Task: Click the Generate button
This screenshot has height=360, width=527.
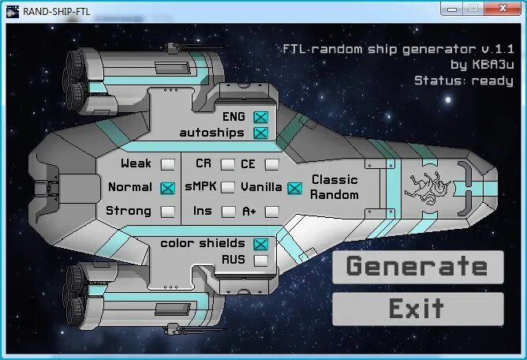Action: pyautogui.click(x=417, y=267)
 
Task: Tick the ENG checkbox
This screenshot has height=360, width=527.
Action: pyautogui.click(x=261, y=117)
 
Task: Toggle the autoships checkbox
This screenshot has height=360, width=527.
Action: pyautogui.click(x=261, y=133)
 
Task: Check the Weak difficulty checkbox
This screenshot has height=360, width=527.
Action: pyautogui.click(x=167, y=164)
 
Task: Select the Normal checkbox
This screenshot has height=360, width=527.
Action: pyautogui.click(x=167, y=188)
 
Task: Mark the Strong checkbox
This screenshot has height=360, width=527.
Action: pyautogui.click(x=167, y=212)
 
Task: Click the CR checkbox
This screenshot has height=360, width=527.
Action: pyautogui.click(x=228, y=164)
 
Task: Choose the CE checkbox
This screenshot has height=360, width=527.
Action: pyautogui.click(x=272, y=164)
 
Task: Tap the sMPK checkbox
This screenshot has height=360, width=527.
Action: pyautogui.click(x=228, y=188)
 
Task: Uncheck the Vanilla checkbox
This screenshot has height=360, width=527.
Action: pyautogui.click(x=294, y=188)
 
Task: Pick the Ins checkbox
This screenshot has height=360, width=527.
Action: pyautogui.click(x=228, y=212)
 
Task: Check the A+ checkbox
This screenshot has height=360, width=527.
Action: pyautogui.click(x=272, y=212)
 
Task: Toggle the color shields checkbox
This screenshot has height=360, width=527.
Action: pyautogui.click(x=261, y=244)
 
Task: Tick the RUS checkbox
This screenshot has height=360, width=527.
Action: pyautogui.click(x=261, y=260)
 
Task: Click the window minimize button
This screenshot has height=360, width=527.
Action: pyautogui.click(x=451, y=8)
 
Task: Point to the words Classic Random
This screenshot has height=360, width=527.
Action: pyautogui.click(x=335, y=188)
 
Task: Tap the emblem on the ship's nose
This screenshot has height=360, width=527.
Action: pyautogui.click(x=426, y=188)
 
